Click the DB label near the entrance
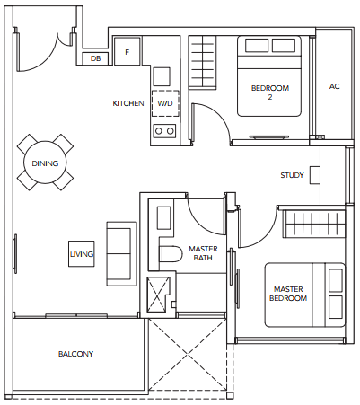(95, 58)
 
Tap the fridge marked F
(127, 51)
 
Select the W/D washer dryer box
(165, 103)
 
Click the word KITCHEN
(128, 103)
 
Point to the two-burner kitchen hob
(164, 131)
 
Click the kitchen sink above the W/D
(162, 76)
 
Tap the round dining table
(45, 163)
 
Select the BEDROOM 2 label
(270, 92)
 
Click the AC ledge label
(335, 86)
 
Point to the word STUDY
(292, 175)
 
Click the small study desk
(315, 175)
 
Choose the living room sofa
(122, 254)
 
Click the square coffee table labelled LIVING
(82, 254)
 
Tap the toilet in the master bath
(171, 254)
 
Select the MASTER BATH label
(203, 253)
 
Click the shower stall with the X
(158, 295)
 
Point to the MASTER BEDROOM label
(288, 294)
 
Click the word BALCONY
(75, 354)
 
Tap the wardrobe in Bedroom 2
(203, 62)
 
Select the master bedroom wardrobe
(314, 225)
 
